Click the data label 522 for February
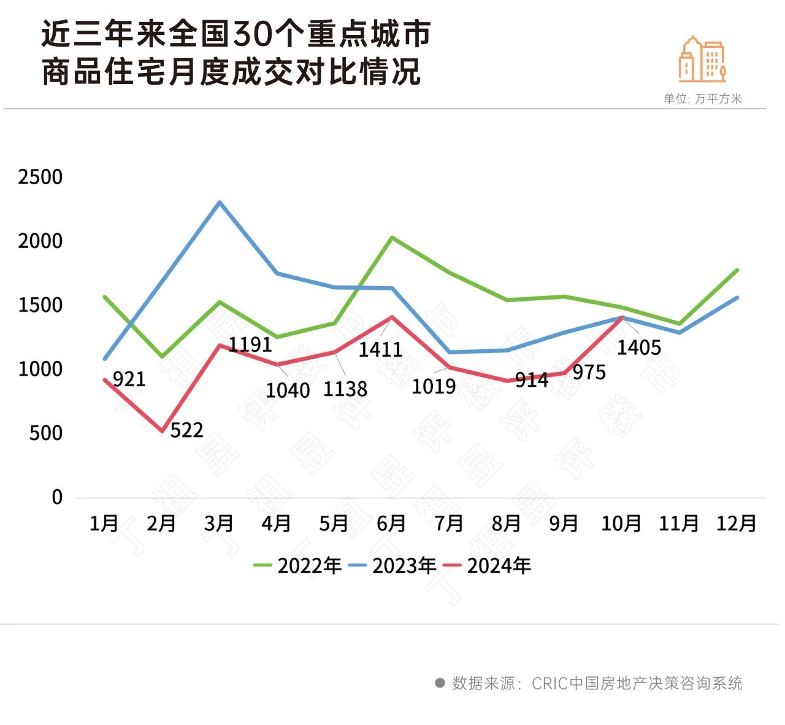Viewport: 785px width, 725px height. (x=186, y=430)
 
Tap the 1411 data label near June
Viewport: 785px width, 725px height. (x=380, y=349)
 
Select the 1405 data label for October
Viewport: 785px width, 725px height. (x=638, y=347)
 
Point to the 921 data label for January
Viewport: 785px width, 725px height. (x=129, y=379)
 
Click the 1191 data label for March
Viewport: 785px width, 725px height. (x=250, y=344)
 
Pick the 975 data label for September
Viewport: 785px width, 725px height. (x=589, y=372)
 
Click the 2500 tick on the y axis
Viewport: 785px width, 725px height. (x=40, y=177)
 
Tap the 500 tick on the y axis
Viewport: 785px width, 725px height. (x=45, y=433)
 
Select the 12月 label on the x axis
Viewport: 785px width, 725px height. (x=736, y=523)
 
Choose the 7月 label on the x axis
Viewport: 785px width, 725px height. (x=448, y=523)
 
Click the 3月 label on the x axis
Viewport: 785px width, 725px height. (x=219, y=523)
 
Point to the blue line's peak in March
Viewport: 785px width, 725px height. (x=220, y=202)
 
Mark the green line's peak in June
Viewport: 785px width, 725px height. (x=392, y=237)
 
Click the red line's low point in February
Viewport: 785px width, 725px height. (x=163, y=431)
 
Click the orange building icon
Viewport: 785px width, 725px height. (x=702, y=60)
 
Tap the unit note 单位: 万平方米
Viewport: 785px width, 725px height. (x=702, y=99)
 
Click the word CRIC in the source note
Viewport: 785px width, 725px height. (x=549, y=683)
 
